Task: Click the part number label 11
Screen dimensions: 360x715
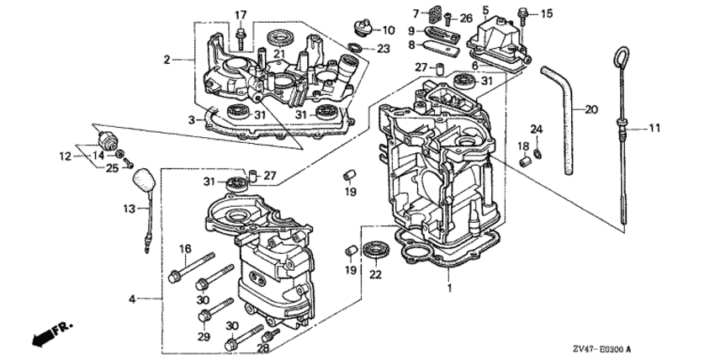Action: [655, 129]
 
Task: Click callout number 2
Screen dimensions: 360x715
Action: [167, 60]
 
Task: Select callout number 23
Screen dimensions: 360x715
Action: [383, 49]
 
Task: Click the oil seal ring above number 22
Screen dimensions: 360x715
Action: [374, 248]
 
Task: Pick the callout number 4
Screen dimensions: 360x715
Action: [133, 299]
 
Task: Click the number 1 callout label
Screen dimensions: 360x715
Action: [448, 289]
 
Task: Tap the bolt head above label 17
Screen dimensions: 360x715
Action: [241, 33]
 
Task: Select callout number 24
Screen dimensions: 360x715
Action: [536, 129]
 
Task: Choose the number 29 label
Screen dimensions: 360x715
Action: [203, 336]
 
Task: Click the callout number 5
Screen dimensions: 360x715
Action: [485, 10]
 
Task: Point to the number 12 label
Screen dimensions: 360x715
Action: [65, 156]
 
